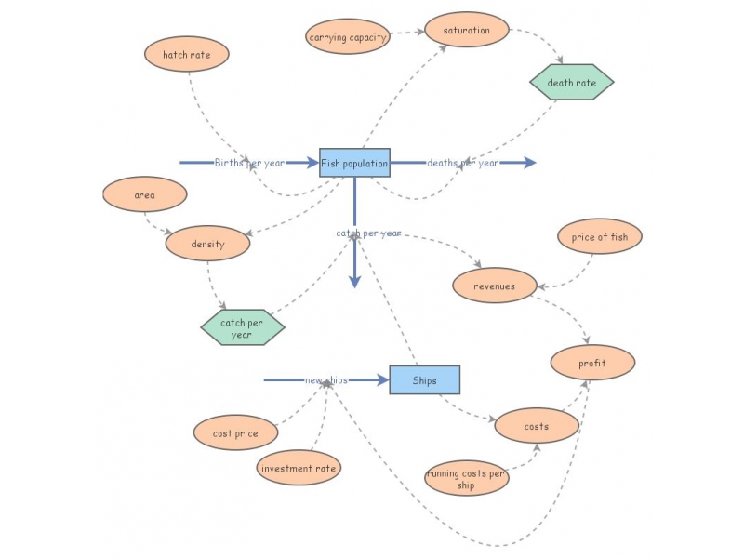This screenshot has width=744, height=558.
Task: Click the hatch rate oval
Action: click(x=187, y=54)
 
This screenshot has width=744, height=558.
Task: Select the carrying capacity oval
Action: click(x=348, y=37)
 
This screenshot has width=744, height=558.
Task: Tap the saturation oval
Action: click(x=467, y=30)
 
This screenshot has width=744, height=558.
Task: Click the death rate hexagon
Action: click(x=572, y=83)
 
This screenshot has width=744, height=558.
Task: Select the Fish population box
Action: click(x=354, y=163)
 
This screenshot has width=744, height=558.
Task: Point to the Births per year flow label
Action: click(x=249, y=163)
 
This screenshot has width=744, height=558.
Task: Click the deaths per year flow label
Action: click(x=462, y=163)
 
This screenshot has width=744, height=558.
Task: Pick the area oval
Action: click(x=145, y=195)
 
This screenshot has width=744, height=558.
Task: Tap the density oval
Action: click(x=208, y=244)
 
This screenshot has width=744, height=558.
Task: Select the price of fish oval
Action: click(x=600, y=237)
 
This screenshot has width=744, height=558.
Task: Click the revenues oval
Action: click(x=495, y=286)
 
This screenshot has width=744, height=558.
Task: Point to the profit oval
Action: click(x=592, y=363)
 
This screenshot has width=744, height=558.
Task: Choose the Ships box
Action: click(x=425, y=379)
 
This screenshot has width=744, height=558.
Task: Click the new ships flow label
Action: click(x=326, y=380)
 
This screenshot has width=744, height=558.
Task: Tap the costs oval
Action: click(x=537, y=426)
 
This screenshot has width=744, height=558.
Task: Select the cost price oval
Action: click(x=236, y=433)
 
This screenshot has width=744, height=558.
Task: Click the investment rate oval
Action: click(x=299, y=468)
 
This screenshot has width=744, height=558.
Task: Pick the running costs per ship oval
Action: click(x=467, y=479)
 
